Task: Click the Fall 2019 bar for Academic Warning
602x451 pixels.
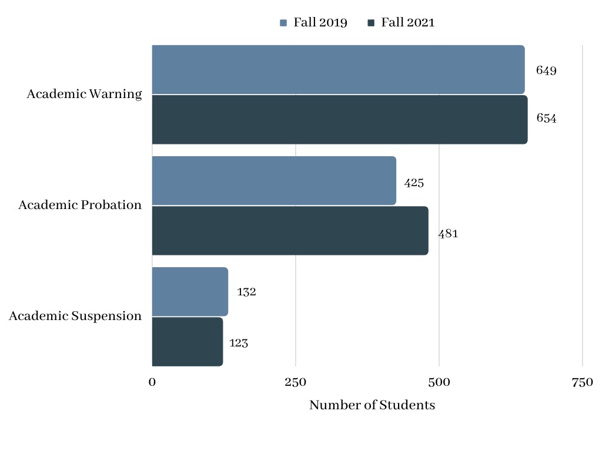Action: click(338, 69)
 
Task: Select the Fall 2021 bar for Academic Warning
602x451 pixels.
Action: click(340, 120)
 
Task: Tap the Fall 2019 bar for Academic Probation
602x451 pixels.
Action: click(274, 180)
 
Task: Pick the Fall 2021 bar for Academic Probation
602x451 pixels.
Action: click(290, 230)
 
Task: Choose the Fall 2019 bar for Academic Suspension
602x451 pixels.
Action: click(190, 292)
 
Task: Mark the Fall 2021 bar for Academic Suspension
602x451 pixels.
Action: click(188, 342)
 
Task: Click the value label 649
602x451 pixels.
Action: click(546, 70)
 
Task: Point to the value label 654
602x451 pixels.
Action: click(546, 118)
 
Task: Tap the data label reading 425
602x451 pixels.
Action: click(414, 183)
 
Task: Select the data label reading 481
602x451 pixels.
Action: click(448, 234)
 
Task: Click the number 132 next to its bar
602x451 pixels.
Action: click(246, 292)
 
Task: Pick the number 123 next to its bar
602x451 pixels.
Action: click(239, 343)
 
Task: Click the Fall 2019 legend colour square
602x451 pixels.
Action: click(283, 23)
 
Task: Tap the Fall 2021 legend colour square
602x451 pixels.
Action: click(371, 23)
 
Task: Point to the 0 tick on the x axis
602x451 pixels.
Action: click(152, 382)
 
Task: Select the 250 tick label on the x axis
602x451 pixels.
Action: click(296, 382)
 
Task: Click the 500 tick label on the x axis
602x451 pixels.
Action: click(439, 382)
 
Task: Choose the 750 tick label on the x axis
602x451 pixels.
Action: click(582, 382)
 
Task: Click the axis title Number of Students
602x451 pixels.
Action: click(372, 405)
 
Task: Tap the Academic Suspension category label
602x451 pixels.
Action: click(75, 316)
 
